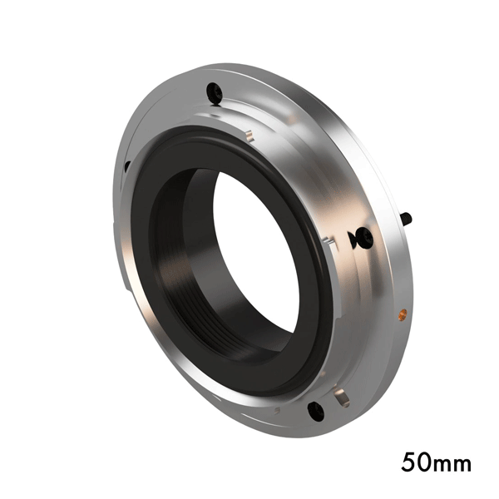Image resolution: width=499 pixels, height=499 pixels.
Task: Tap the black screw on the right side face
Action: pos(364,237)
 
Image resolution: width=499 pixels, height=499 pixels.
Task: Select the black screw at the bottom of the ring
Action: pos(316,411)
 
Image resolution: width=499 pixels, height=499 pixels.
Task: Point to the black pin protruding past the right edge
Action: pos(407,218)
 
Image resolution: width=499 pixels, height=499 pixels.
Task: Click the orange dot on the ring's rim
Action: pos(403,314)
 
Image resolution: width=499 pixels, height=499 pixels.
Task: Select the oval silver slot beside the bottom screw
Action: pos(342,398)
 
